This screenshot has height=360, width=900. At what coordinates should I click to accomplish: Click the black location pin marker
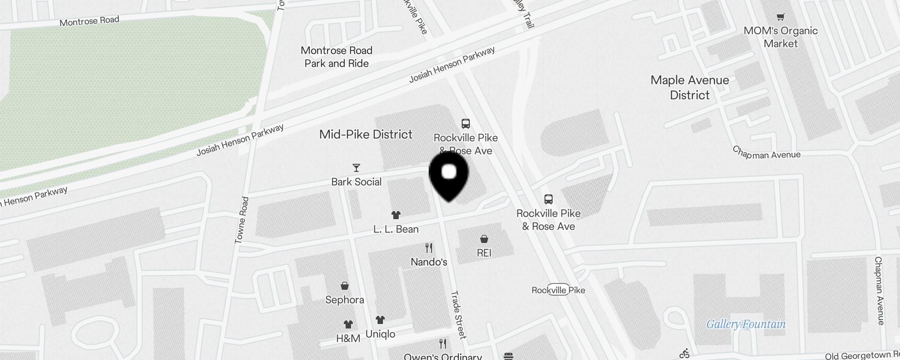click(x=449, y=175)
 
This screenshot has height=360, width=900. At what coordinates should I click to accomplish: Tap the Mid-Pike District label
click(x=365, y=135)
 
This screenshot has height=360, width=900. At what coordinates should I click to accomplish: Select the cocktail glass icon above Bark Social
click(x=356, y=168)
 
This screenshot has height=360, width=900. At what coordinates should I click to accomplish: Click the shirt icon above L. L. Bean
click(x=396, y=215)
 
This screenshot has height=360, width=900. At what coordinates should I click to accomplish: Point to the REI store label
click(x=484, y=253)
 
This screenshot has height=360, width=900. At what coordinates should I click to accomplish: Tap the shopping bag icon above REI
click(x=484, y=238)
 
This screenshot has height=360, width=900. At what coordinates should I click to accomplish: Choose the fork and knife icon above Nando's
click(x=429, y=247)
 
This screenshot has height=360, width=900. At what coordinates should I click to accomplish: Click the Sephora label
click(x=345, y=300)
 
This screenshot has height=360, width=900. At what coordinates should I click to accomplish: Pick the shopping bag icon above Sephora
click(x=345, y=286)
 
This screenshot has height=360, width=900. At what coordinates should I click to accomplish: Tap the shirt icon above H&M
click(x=348, y=324)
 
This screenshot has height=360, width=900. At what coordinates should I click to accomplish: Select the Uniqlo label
click(x=380, y=334)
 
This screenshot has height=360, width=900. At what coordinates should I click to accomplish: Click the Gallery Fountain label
click(x=746, y=324)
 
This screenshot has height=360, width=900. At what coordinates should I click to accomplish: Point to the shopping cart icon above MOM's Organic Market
click(x=780, y=17)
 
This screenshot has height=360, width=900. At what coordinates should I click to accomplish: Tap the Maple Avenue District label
click(x=689, y=87)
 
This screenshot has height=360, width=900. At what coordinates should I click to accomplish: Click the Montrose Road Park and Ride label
click(x=337, y=57)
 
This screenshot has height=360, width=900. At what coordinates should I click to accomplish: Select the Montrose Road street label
click(x=89, y=21)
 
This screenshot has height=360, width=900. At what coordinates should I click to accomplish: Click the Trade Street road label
click(x=458, y=315)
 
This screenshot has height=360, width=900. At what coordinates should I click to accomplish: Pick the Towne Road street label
click(x=242, y=220)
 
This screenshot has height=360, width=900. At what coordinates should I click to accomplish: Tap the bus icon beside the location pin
click(x=466, y=123)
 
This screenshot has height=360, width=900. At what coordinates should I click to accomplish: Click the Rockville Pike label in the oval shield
click(x=558, y=290)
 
